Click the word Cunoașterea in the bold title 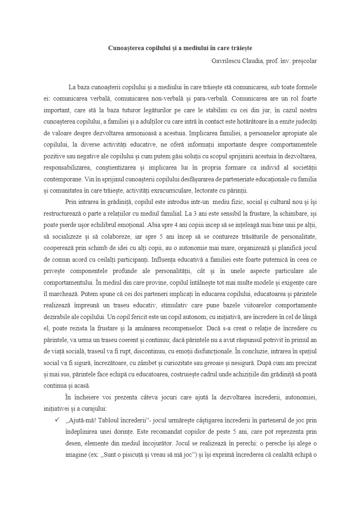(124, 48)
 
